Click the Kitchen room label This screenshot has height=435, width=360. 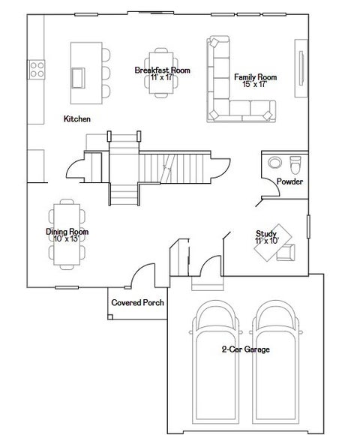click(x=77, y=119)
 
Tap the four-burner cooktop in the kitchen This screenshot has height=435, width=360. click(x=36, y=69)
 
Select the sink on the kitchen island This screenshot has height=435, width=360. click(x=78, y=78)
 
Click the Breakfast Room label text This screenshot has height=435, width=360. click(x=163, y=70)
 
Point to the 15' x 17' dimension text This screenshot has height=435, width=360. click(x=255, y=84)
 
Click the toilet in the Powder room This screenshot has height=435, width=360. click(x=295, y=165)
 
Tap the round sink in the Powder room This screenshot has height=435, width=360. click(x=274, y=163)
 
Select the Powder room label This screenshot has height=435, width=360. click(x=289, y=181)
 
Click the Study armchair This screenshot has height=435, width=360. click(x=286, y=253)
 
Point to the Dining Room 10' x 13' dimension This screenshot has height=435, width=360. click(x=67, y=238)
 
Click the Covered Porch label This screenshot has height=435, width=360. click(x=137, y=302)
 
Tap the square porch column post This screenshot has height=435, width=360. click(x=110, y=316)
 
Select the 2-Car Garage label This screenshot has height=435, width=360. click(x=246, y=349)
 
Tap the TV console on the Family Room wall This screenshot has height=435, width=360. click(x=301, y=68)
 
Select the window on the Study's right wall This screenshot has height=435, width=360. click(x=308, y=226)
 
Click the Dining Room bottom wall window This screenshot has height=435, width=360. click(x=67, y=288)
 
